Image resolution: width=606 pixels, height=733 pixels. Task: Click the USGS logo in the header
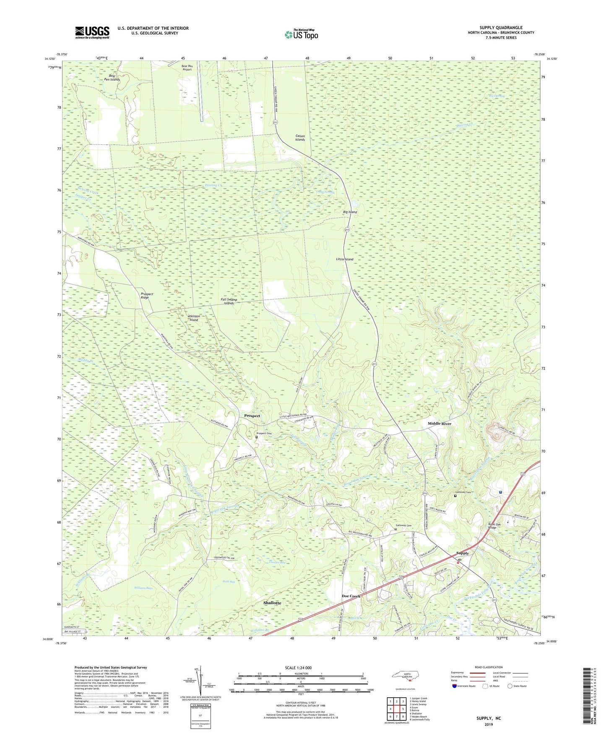pyautogui.click(x=92, y=32)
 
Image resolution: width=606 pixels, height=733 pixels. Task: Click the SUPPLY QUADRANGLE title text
pyautogui.click(x=501, y=28)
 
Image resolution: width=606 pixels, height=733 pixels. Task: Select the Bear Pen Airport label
pyautogui.click(x=187, y=68)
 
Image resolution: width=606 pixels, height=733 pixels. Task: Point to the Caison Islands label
pyautogui.click(x=300, y=138)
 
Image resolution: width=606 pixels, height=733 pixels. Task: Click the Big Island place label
pyautogui.click(x=350, y=212)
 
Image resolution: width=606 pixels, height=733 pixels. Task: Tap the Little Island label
pyautogui.click(x=344, y=259)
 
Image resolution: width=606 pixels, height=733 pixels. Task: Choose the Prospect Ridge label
pyautogui.click(x=147, y=296)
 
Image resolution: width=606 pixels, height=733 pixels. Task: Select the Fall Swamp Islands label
pyautogui.click(x=229, y=301)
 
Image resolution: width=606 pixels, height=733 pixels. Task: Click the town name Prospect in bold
pyautogui.click(x=252, y=416)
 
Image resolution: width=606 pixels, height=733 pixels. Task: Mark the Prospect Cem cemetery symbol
pyautogui.click(x=257, y=437)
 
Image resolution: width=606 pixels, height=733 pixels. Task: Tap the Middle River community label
pyautogui.click(x=439, y=424)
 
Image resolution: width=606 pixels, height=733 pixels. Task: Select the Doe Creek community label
pyautogui.click(x=351, y=596)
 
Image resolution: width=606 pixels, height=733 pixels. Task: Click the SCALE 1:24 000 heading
pyautogui.click(x=300, y=668)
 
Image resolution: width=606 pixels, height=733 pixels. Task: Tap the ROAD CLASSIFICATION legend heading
pyautogui.click(x=488, y=667)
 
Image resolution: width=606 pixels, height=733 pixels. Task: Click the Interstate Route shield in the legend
pyautogui.click(x=455, y=686)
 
